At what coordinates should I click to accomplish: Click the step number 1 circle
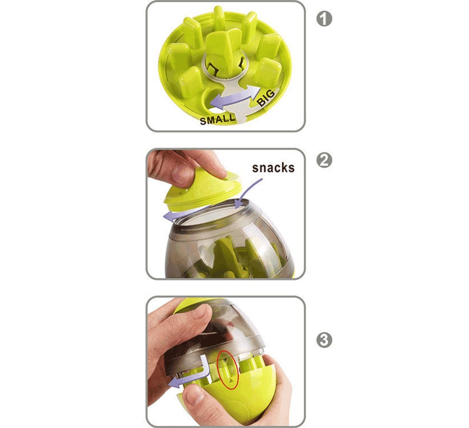click(324, 19)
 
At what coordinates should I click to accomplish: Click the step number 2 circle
click(324, 160)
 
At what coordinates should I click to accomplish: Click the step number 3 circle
click(324, 340)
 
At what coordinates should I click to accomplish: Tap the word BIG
click(266, 98)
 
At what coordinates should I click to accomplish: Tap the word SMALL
click(217, 119)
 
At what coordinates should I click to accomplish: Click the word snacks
click(273, 168)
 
